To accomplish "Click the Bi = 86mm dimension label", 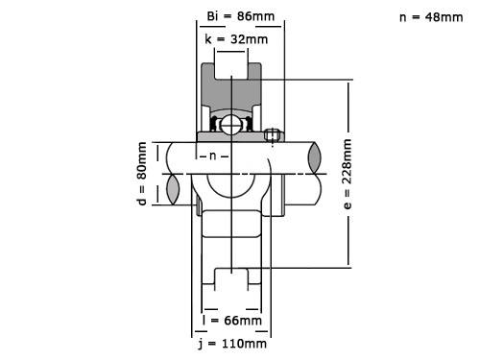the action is point(241,16).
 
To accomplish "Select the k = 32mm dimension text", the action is point(236,39).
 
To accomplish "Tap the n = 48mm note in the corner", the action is point(431,17).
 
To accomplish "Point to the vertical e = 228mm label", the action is point(348,174).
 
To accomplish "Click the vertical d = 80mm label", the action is point(141,174).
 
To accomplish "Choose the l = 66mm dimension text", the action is point(232,320).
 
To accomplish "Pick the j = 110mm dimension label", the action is point(232,344).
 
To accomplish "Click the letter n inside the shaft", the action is point(213,156).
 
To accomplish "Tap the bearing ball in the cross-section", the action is point(231,125).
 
